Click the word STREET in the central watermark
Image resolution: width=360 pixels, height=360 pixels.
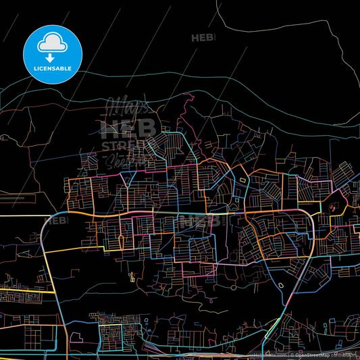pos(126,146)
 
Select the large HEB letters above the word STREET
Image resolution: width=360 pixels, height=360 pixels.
pos(128,128)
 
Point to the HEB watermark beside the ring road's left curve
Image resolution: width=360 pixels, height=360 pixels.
pos(57,220)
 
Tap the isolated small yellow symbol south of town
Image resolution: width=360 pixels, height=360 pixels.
pos(132,275)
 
